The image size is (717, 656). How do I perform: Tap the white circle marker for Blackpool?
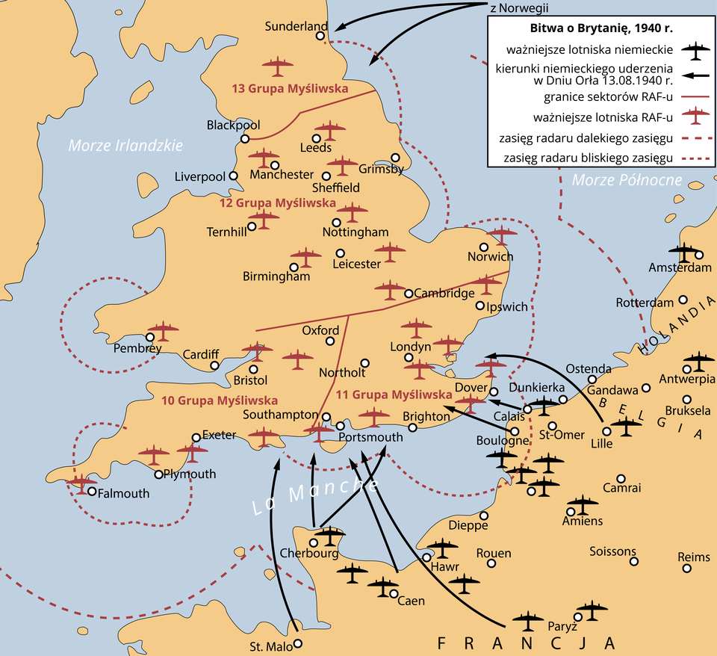[245, 139]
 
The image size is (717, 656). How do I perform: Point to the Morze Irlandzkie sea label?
[125, 146]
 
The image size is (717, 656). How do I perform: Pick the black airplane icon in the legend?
[696, 51]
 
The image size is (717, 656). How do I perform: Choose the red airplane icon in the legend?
[696, 116]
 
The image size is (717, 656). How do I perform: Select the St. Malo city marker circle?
[298, 643]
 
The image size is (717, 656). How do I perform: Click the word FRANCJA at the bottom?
[527, 643]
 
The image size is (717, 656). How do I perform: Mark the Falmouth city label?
[124, 493]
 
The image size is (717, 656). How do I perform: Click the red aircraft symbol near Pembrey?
[163, 330]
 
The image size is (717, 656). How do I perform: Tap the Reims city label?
[694, 557]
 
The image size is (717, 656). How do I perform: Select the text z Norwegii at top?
[518, 7]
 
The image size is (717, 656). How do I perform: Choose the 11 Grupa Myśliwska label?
[394, 394]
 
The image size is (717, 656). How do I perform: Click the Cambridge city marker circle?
[409, 294]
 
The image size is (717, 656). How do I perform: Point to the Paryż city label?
[563, 626]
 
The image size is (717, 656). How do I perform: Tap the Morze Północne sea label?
[627, 179]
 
